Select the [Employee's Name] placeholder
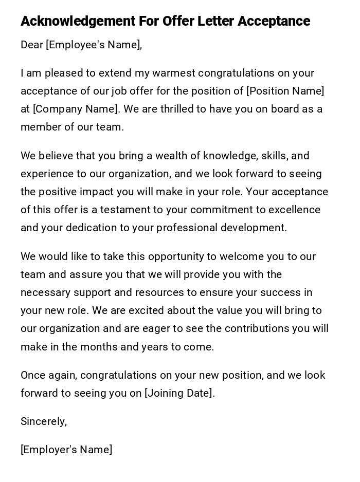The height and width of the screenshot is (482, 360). point(94,45)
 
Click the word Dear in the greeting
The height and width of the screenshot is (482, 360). point(32,45)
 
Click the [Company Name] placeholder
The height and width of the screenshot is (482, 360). point(76,109)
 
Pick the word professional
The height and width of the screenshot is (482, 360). point(187,228)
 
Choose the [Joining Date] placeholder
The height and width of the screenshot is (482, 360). point(180,394)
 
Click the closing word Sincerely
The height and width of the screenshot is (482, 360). point(43,422)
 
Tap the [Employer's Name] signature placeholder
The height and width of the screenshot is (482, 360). point(66,450)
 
